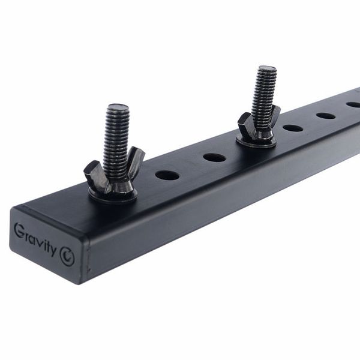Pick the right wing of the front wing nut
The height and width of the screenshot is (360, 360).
135,158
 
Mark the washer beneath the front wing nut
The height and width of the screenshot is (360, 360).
113,194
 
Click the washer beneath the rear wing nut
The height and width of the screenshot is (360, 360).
256,143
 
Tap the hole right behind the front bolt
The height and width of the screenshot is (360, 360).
167,175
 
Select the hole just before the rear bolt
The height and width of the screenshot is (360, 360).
214,158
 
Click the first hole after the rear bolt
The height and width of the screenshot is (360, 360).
293,128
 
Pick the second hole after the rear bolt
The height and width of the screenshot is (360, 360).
326,115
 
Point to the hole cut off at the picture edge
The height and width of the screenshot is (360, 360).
354,104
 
